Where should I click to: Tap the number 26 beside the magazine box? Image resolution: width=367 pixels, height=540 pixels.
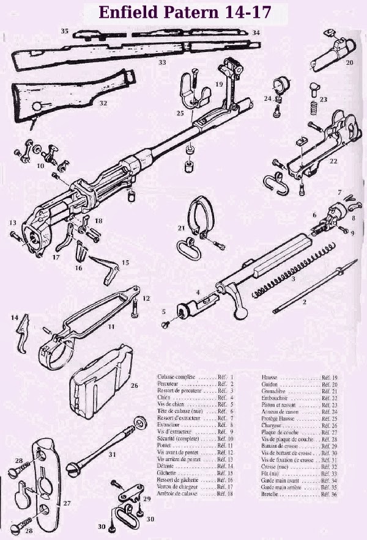(x=134, y=385)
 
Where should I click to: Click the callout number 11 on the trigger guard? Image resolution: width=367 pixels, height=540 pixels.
(x=111, y=327)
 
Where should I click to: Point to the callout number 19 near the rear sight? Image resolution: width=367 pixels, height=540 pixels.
(x=219, y=83)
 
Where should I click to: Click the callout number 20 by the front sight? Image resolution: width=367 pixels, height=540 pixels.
(x=350, y=62)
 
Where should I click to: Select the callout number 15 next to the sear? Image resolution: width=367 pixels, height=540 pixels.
(x=125, y=262)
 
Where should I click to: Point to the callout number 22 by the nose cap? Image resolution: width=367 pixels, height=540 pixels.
(x=333, y=161)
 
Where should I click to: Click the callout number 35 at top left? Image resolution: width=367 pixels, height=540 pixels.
(x=64, y=30)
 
